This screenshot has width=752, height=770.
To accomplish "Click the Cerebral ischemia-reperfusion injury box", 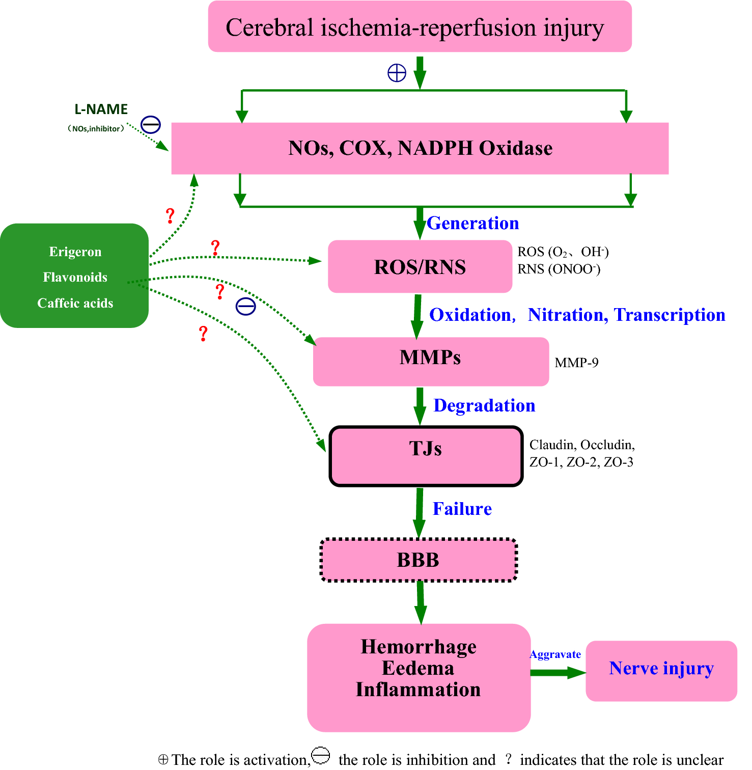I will point(420,26).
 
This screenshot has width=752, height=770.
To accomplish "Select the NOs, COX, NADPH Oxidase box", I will point(420,148).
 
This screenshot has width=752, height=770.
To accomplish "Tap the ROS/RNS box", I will point(420,267).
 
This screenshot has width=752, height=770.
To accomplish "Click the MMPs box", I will point(430,362).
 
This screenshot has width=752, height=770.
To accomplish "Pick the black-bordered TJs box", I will point(426,456).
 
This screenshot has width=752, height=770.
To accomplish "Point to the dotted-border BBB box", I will point(418,560).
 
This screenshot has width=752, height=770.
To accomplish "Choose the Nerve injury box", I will point(661,670).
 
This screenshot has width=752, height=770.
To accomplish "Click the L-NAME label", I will point(101,109).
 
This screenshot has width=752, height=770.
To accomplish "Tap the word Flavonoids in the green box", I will point(75,277).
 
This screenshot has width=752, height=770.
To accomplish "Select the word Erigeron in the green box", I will point(75,252).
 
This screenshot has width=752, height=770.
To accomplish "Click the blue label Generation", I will point(473,223).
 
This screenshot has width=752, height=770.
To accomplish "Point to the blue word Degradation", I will point(484,405).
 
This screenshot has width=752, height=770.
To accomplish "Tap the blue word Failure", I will point(462,509).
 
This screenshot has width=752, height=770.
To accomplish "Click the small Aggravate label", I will point(555,654).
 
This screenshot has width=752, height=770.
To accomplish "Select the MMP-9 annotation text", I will point(576,363).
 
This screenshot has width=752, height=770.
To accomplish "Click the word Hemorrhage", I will point(419,646).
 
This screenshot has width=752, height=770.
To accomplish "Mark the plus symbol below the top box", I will point(397,73).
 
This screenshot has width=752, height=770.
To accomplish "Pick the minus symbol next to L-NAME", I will point(151,124).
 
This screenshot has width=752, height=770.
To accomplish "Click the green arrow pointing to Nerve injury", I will point(558,673).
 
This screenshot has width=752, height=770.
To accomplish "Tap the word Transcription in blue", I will point(670,315).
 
